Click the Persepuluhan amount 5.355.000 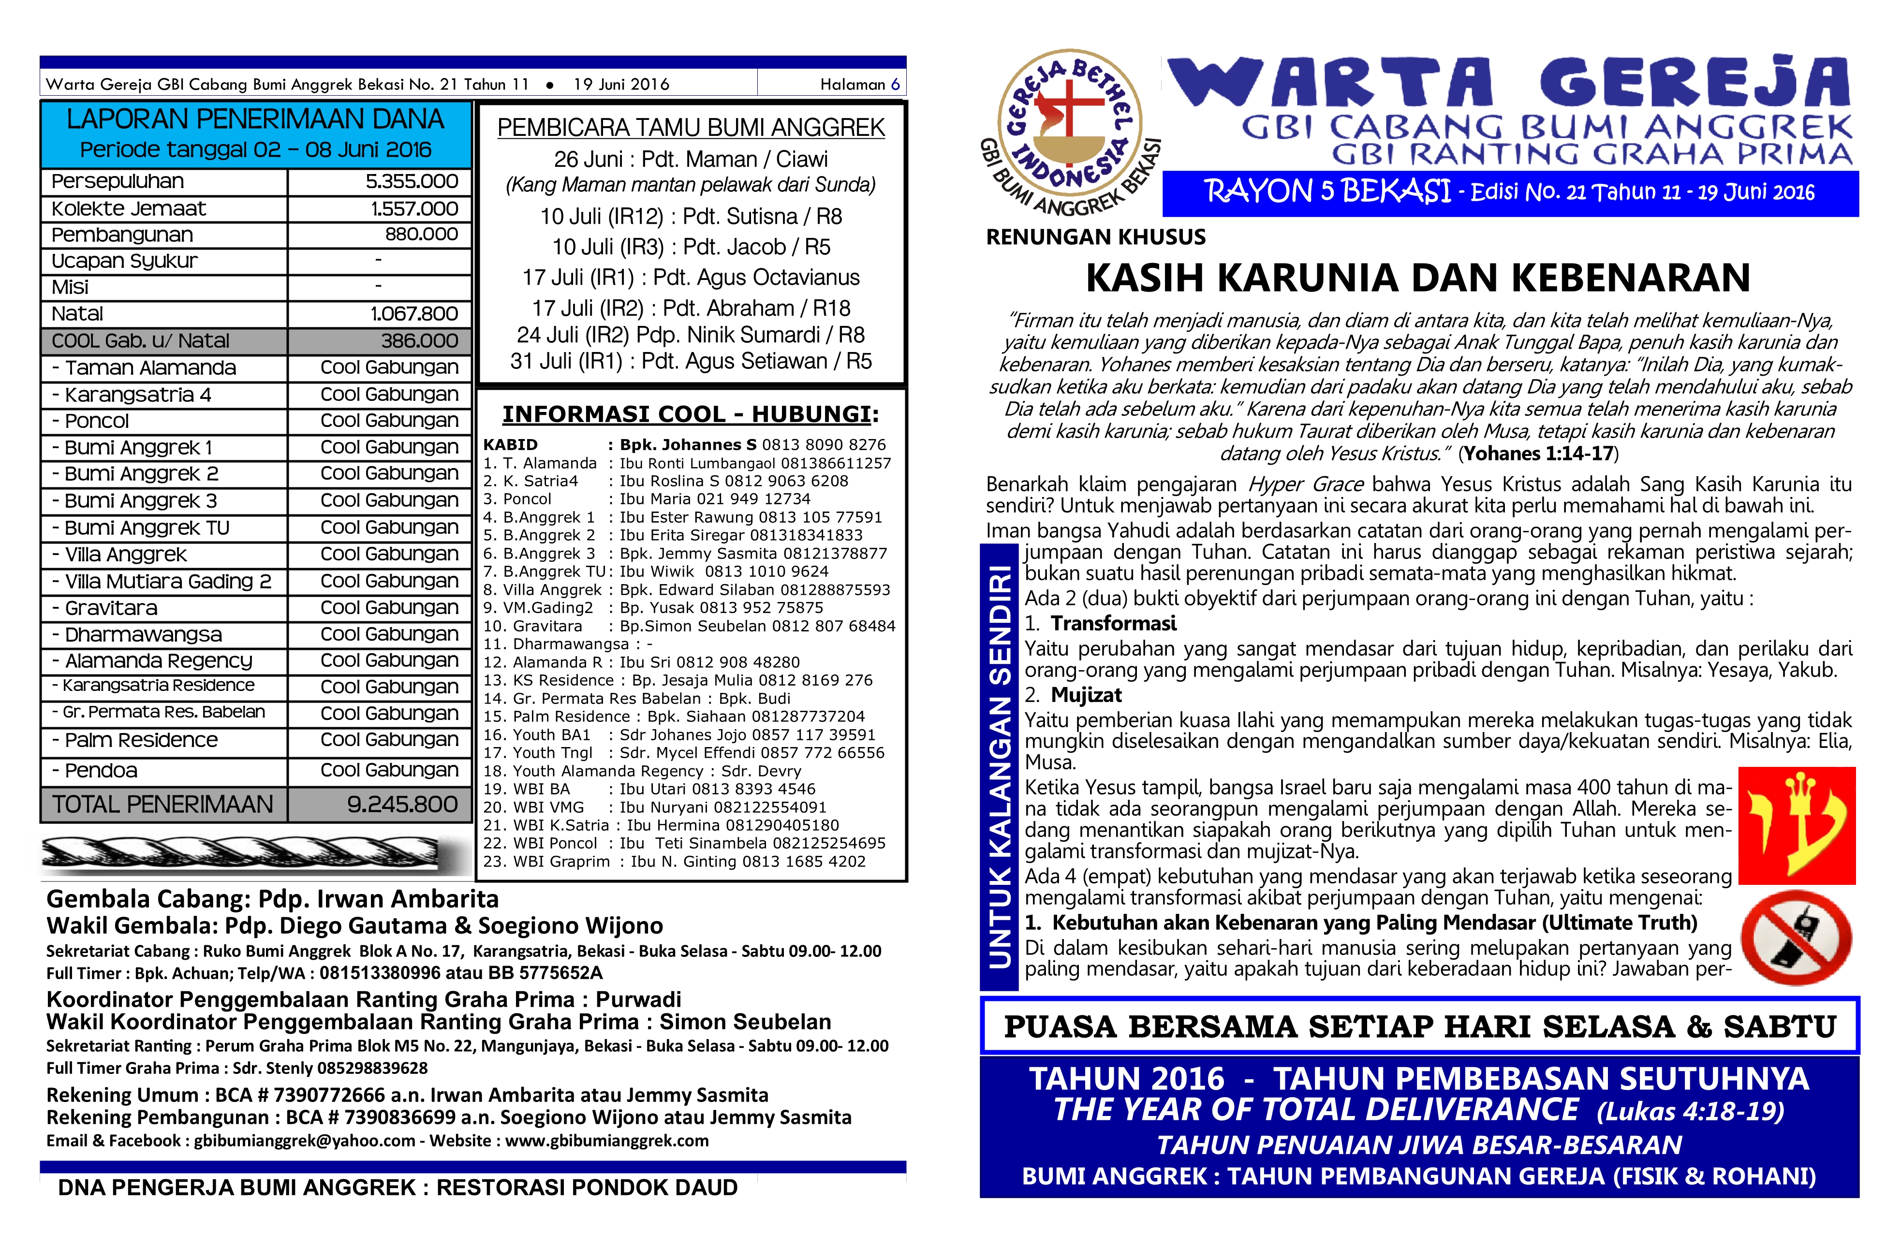[411, 181]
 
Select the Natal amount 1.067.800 [413, 314]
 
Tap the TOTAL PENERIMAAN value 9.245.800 [402, 804]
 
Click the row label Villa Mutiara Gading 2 [167, 582]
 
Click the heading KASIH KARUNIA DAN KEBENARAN [1418, 278]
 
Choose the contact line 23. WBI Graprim [674, 861]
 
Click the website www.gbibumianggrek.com [606, 1140]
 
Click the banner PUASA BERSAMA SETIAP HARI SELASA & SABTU [1418, 1026]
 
